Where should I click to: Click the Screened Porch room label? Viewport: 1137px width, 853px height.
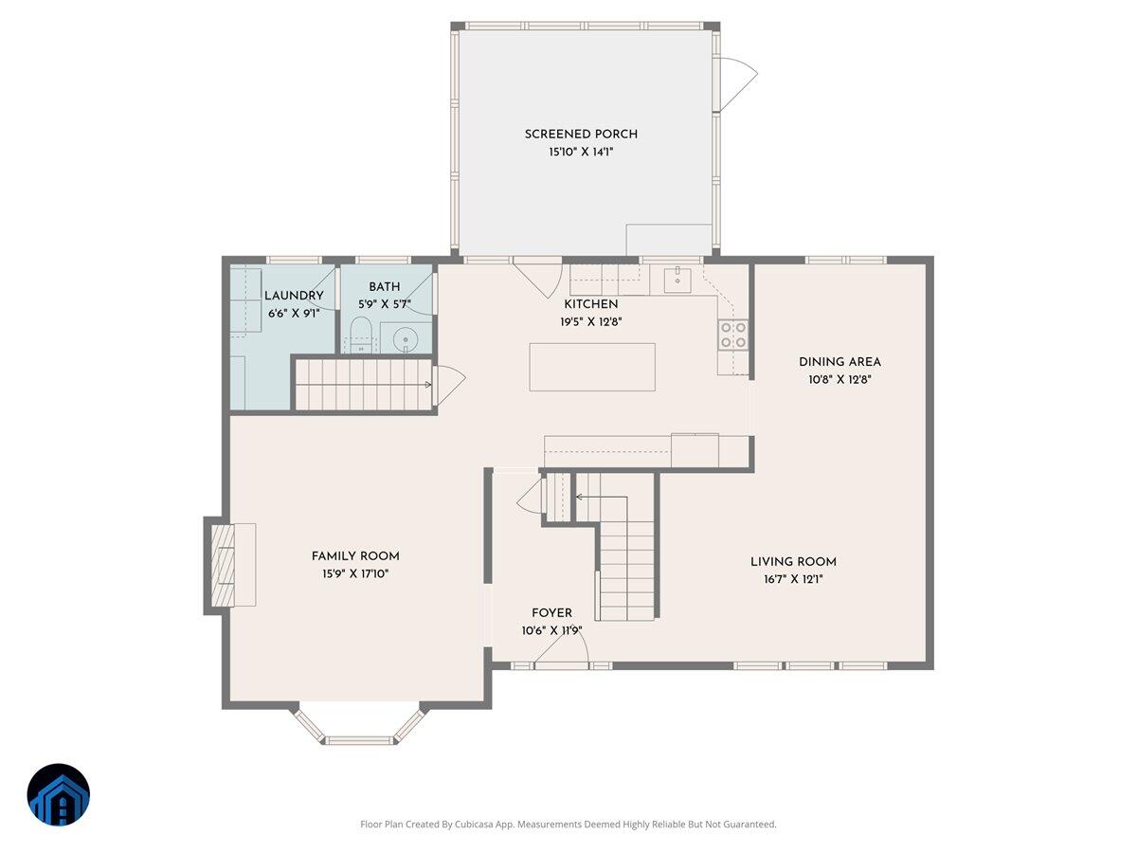[x=581, y=135]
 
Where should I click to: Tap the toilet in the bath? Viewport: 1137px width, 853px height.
[x=360, y=335]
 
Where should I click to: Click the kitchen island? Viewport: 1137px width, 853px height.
[x=592, y=367]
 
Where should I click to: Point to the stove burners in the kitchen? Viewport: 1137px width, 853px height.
[x=733, y=334]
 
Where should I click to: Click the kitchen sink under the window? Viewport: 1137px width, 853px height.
[x=678, y=279]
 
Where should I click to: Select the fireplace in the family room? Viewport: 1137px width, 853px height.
[x=225, y=565]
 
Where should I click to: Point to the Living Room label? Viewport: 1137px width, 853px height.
[x=793, y=561]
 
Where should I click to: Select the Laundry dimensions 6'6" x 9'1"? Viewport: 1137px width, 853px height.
[x=293, y=313]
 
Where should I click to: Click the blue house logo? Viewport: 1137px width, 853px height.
[x=59, y=794]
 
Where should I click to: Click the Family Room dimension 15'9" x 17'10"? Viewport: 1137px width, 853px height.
[x=355, y=573]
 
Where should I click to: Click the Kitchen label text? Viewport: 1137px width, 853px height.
[x=591, y=304]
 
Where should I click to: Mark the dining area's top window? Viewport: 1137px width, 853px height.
[x=845, y=259]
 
